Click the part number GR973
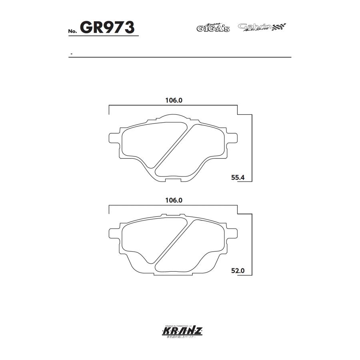point(107,28)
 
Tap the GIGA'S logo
point(213,28)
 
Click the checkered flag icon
point(280,27)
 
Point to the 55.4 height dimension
point(238,178)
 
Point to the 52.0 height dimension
point(238,271)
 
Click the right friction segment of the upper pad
point(196,150)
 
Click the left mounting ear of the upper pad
point(114,138)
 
